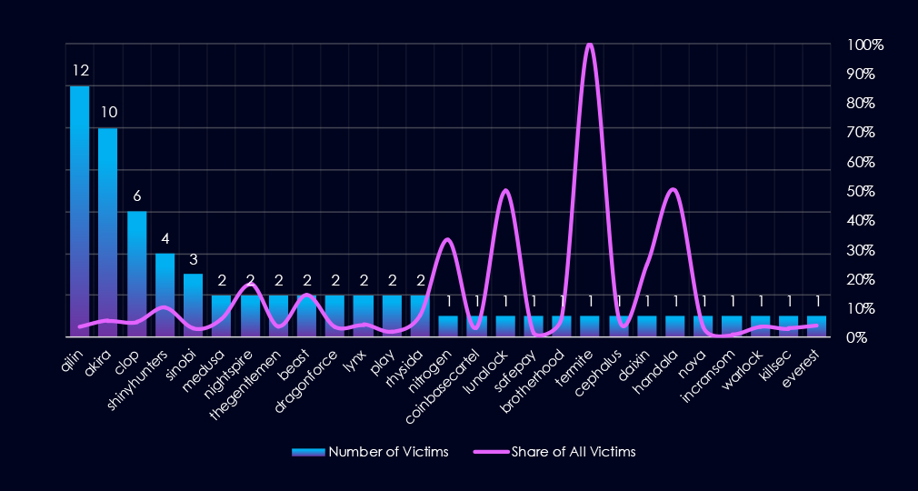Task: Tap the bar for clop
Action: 137,273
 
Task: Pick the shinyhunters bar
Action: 165,295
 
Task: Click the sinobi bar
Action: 194,305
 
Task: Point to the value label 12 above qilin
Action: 80,70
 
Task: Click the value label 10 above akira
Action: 108,113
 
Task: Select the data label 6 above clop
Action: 137,195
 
